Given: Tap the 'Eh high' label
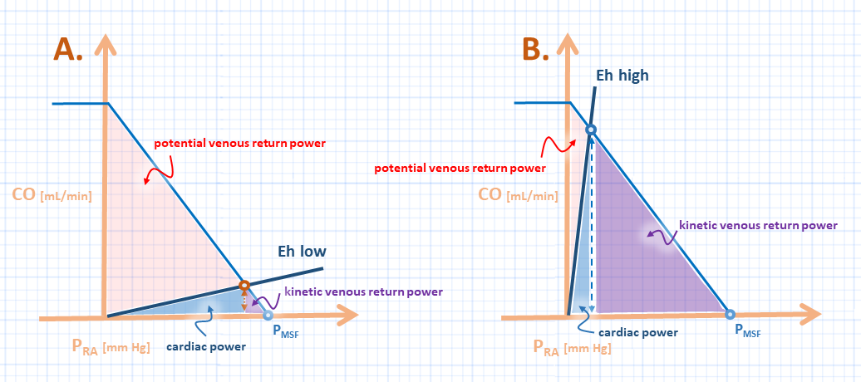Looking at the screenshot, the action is point(622,76).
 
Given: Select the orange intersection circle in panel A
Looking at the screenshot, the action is point(244,286).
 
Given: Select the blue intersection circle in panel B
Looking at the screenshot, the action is point(590,130).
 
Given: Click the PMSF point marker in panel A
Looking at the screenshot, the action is point(267,315).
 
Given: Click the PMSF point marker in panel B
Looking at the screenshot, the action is point(730,314).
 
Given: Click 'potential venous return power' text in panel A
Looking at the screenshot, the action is point(239,143).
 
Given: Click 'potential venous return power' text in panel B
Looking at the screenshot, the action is point(459,168).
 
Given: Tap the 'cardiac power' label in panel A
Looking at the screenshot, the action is point(206,345).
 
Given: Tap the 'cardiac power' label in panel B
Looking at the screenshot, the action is point(638,332).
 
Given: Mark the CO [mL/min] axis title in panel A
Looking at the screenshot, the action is point(51,196).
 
